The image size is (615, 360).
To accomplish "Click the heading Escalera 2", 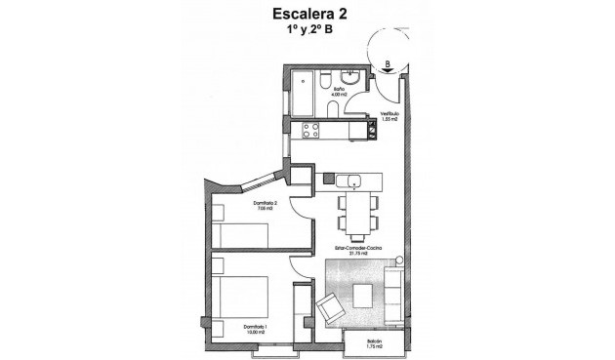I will [307, 14].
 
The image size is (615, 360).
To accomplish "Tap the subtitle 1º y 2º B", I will [307, 30].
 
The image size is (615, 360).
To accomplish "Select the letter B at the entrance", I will [388, 64].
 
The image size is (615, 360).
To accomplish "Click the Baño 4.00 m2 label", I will [338, 92].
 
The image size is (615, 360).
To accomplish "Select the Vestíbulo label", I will [388, 114].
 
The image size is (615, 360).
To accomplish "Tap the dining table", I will [358, 214].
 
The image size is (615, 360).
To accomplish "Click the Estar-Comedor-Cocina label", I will [357, 249].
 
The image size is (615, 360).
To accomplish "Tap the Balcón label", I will [373, 343].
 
